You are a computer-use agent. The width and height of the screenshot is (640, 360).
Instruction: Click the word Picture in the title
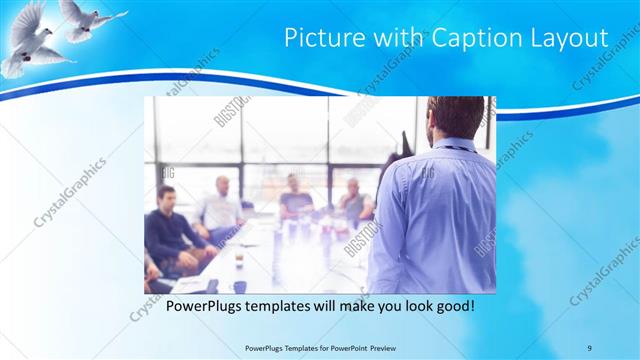point(318,38)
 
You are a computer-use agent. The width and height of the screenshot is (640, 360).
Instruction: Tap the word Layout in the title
point(568,38)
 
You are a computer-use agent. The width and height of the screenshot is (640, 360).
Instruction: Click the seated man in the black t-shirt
point(296,199)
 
